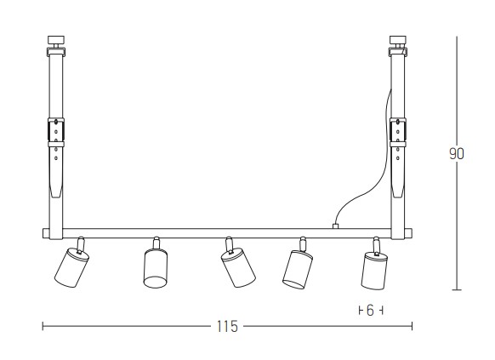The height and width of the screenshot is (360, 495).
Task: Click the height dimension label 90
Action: [x=457, y=154]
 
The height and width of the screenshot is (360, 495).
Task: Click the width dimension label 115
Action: [x=227, y=327]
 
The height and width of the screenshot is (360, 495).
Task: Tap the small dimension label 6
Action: [x=371, y=311]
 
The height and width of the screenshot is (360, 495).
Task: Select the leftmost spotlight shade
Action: [x=71, y=267]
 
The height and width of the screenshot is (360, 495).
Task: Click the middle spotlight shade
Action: [x=238, y=267]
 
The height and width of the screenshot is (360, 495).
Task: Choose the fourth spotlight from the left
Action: [x=298, y=269]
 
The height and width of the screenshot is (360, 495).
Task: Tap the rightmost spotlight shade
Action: [x=375, y=270]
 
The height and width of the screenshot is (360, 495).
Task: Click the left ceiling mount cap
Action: [x=56, y=40]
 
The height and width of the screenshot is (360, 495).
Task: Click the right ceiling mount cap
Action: [x=398, y=40]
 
